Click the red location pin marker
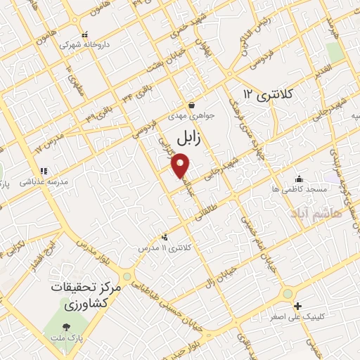pyautogui.click(x=181, y=166)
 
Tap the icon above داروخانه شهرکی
pyautogui.click(x=84, y=34)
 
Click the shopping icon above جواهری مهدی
pyautogui.click(x=191, y=105)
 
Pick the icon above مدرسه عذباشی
pyautogui.click(x=43, y=171)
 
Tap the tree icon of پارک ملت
pyautogui.click(x=65, y=327)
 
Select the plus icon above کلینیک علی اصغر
pyautogui.click(x=298, y=306)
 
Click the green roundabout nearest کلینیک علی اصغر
pyautogui.click(x=287, y=294)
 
